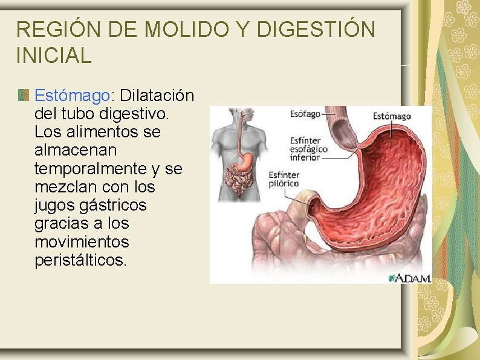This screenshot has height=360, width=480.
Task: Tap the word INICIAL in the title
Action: [54, 55]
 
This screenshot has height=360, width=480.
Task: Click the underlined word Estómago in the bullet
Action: [71, 96]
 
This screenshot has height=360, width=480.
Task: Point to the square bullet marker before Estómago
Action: [24, 95]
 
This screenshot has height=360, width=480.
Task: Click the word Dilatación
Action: [157, 96]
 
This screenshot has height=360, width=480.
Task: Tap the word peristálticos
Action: [81, 260]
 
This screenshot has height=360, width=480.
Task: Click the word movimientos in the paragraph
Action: [82, 242]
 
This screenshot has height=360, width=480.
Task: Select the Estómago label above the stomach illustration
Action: [391, 116]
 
